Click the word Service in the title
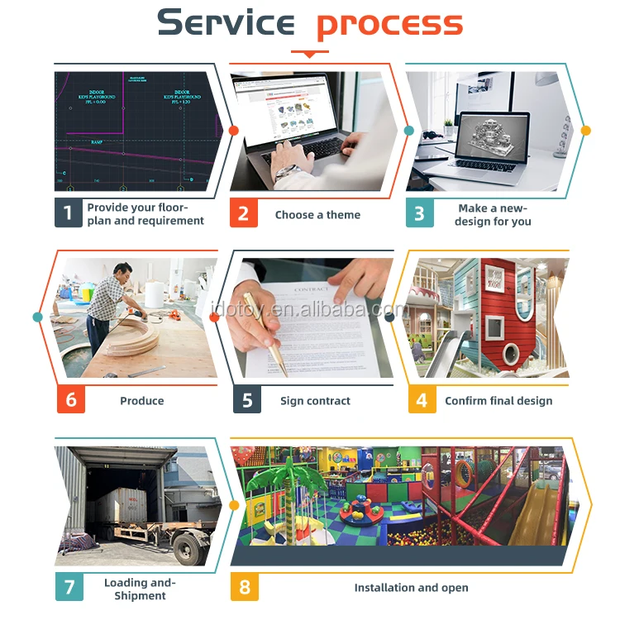(225, 22)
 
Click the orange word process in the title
(389, 24)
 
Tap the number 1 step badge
(68, 213)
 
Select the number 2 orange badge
(243, 213)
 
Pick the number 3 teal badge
(419, 213)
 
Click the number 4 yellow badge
(422, 400)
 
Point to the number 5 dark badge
(247, 400)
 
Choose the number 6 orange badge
(70, 400)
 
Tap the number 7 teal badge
(69, 587)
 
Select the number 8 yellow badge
(245, 587)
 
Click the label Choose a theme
(317, 215)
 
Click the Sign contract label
(315, 401)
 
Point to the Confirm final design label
(498, 401)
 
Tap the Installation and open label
(411, 588)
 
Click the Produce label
(142, 401)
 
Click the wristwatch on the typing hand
(284, 172)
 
